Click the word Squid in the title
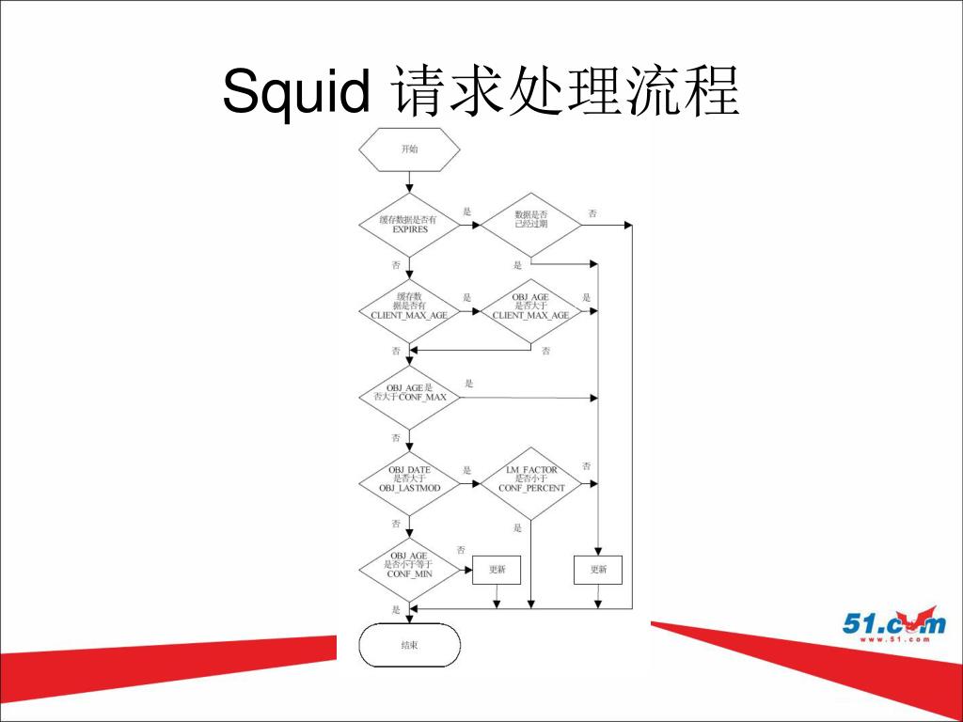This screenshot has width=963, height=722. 295,92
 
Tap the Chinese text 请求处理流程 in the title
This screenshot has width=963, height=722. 567,92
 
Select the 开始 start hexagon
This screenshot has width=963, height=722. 409,149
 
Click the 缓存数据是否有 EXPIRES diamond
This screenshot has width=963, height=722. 409,225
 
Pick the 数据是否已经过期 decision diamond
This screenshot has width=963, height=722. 530,225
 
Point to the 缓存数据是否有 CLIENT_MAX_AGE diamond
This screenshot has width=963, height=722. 409,310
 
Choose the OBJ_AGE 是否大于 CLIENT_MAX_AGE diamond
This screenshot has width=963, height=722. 530,310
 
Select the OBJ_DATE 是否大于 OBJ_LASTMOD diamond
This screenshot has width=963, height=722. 409,483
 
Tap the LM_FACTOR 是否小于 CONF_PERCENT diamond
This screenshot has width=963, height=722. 530,483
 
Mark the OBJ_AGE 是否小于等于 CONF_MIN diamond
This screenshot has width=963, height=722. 409,569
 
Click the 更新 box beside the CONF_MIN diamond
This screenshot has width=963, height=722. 497,570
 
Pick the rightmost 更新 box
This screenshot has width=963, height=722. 598,570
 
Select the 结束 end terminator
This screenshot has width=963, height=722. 410,646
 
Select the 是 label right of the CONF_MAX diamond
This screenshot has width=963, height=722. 468,384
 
